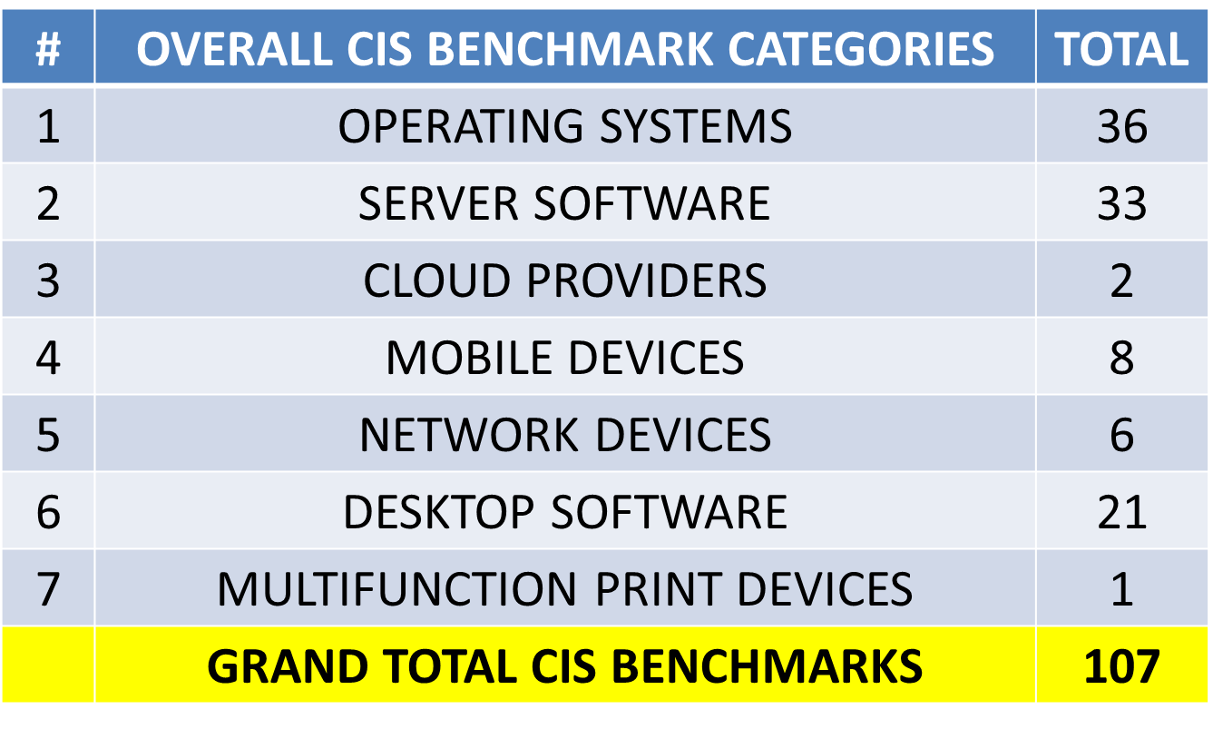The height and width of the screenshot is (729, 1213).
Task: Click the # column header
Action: coord(48,49)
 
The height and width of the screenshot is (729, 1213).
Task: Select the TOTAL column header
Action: coord(1121,49)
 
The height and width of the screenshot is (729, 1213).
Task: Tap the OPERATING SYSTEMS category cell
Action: coord(565,126)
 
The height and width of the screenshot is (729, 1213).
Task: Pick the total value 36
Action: coord(1122,126)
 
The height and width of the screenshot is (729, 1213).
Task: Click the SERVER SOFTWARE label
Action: coord(564,203)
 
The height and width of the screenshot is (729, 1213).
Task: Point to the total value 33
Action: coord(1122,203)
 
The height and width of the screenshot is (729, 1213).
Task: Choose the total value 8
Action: coord(1122,358)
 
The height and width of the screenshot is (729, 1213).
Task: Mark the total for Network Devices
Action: coord(1122,435)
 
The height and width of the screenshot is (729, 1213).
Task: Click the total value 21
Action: coord(1122,512)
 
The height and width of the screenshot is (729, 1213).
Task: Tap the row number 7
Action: coord(48,589)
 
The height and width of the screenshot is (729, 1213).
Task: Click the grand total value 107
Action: coord(1122,666)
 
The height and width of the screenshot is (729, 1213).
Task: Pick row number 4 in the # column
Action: coord(48,358)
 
